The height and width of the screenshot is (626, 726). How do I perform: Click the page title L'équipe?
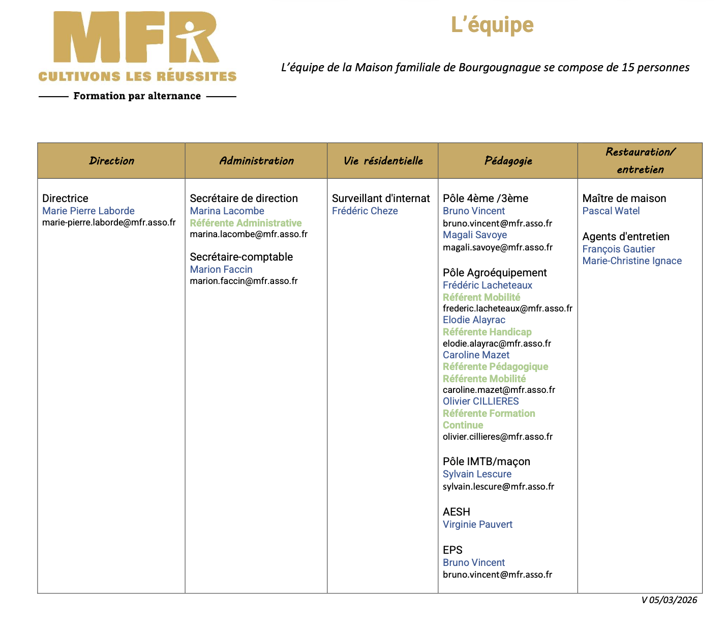[x=492, y=25]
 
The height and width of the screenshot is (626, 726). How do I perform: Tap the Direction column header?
[x=111, y=161]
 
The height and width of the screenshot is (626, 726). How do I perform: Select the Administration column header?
[x=256, y=161]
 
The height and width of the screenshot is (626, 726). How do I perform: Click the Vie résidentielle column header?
[x=383, y=161]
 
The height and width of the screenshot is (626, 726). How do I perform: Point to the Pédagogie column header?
[x=508, y=161]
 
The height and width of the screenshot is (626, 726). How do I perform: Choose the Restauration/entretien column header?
[x=640, y=160]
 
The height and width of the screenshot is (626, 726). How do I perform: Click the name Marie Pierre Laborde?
[x=88, y=211]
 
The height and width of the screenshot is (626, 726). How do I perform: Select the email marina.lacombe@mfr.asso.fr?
[x=249, y=234]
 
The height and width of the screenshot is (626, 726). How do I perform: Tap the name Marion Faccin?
[x=221, y=269]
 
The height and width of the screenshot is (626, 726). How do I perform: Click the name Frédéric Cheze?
[x=365, y=211]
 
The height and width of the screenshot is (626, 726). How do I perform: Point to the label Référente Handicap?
[x=487, y=332]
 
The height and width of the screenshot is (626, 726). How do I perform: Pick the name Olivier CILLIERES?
[x=480, y=401]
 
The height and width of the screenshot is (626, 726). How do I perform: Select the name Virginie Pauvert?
[x=477, y=524]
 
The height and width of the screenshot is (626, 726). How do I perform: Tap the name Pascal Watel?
[x=611, y=211]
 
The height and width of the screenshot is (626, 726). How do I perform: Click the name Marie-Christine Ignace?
[x=632, y=261]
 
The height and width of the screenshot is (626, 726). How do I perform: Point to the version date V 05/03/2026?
[x=669, y=600]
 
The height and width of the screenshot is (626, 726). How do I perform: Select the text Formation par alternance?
[x=137, y=96]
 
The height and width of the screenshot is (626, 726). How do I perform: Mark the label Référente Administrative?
[x=246, y=223]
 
